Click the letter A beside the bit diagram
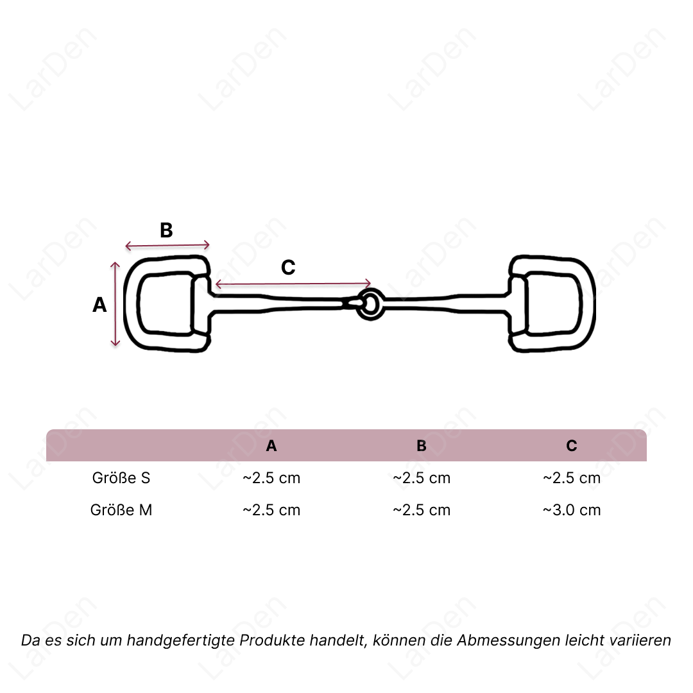(x=99, y=305)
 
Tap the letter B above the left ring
(x=166, y=230)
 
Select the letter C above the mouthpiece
(x=288, y=268)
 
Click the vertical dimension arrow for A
(x=115, y=304)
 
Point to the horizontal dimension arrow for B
(x=167, y=245)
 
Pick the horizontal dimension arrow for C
(x=293, y=284)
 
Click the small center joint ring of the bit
(x=370, y=304)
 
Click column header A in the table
(x=271, y=445)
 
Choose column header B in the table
(x=421, y=445)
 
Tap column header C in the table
(x=572, y=445)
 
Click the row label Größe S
(x=121, y=478)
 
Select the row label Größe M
(x=121, y=510)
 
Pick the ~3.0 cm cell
(x=572, y=510)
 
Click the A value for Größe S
(x=271, y=478)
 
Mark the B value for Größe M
(x=421, y=510)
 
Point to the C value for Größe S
(x=572, y=478)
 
